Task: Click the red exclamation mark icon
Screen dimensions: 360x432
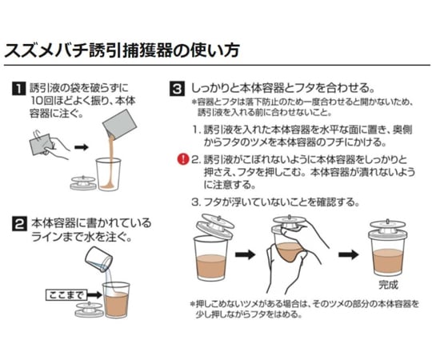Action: point(182,159)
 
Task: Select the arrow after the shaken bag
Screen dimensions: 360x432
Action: point(82,148)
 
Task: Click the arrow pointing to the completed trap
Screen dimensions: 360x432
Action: point(346,254)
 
